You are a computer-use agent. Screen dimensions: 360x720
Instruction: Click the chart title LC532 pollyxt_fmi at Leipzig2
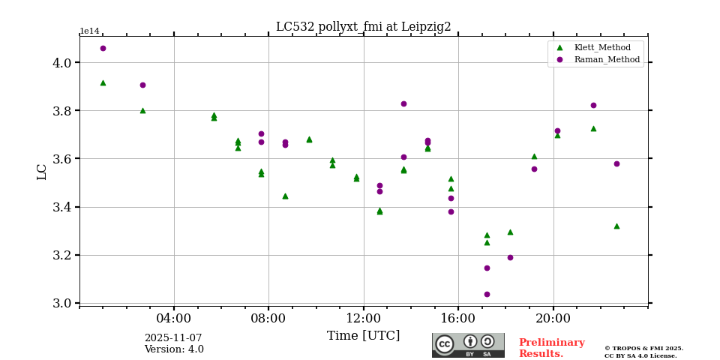pyautogui.click(x=363, y=27)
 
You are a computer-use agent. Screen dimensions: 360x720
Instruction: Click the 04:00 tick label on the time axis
pyautogui.click(x=174, y=318)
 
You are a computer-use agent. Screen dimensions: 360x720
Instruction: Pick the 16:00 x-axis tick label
pyautogui.click(x=458, y=318)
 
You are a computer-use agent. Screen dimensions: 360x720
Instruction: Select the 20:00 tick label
pyautogui.click(x=553, y=318)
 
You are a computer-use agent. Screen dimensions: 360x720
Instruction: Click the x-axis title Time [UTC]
pyautogui.click(x=363, y=336)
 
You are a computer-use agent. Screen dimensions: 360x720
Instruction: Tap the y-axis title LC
pyautogui.click(x=42, y=172)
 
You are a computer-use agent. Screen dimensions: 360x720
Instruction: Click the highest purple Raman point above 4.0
pyautogui.click(x=103, y=48)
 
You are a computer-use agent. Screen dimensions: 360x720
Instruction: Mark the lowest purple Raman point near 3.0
pyautogui.click(x=487, y=294)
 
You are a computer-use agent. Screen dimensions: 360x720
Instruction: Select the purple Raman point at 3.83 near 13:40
pyautogui.click(x=403, y=103)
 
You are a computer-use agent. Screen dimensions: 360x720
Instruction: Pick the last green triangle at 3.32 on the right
pyautogui.click(x=616, y=226)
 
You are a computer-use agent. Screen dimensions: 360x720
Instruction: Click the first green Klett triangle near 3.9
pyautogui.click(x=103, y=82)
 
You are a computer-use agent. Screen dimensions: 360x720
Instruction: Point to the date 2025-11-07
pyautogui.click(x=173, y=338)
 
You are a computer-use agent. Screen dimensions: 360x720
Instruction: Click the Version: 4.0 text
pyautogui.click(x=174, y=349)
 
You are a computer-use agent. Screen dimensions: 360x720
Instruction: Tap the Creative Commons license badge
pyautogui.click(x=468, y=345)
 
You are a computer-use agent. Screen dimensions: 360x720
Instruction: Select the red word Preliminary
pyautogui.click(x=551, y=343)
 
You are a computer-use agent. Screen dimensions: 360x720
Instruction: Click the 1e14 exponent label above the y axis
pyautogui.click(x=89, y=31)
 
